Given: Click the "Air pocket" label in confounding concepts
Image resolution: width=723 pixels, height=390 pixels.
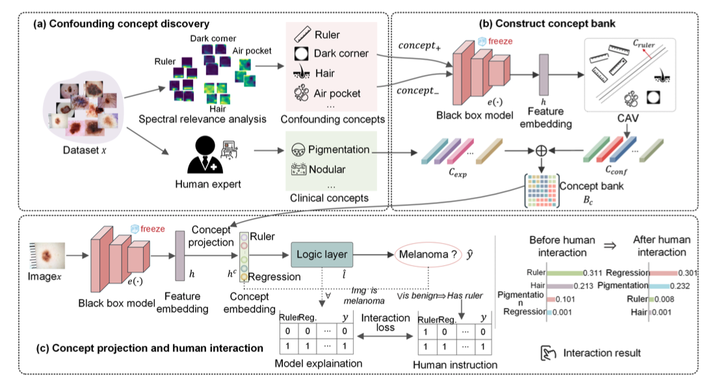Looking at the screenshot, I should pos(337,93).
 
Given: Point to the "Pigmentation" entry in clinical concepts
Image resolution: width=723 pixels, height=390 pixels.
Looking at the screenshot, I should pos(337,149).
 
